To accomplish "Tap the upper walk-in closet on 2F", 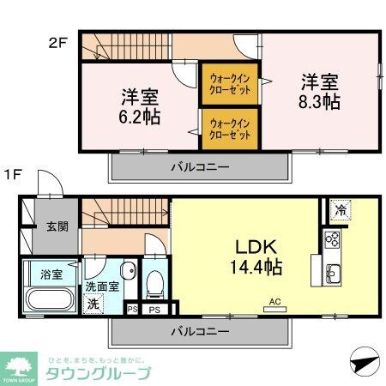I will (x=229, y=85).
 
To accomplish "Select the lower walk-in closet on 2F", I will (x=229, y=129).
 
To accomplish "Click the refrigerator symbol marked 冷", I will (x=340, y=208).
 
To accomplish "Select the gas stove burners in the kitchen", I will (x=331, y=239).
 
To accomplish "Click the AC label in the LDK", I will (x=275, y=301).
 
